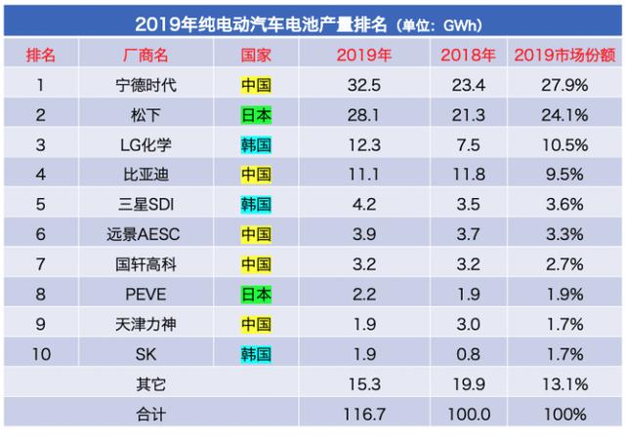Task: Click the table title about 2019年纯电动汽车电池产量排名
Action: pos(312,20)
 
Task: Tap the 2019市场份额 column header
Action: pos(561,55)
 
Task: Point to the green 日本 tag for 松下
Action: pos(256,115)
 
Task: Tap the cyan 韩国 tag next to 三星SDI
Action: pos(256,205)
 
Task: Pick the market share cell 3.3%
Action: pos(565,235)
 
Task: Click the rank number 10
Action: pos(40,354)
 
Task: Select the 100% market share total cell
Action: pos(565,415)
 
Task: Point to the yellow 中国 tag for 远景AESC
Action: pos(256,235)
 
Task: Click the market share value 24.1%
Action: pos(565,115)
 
